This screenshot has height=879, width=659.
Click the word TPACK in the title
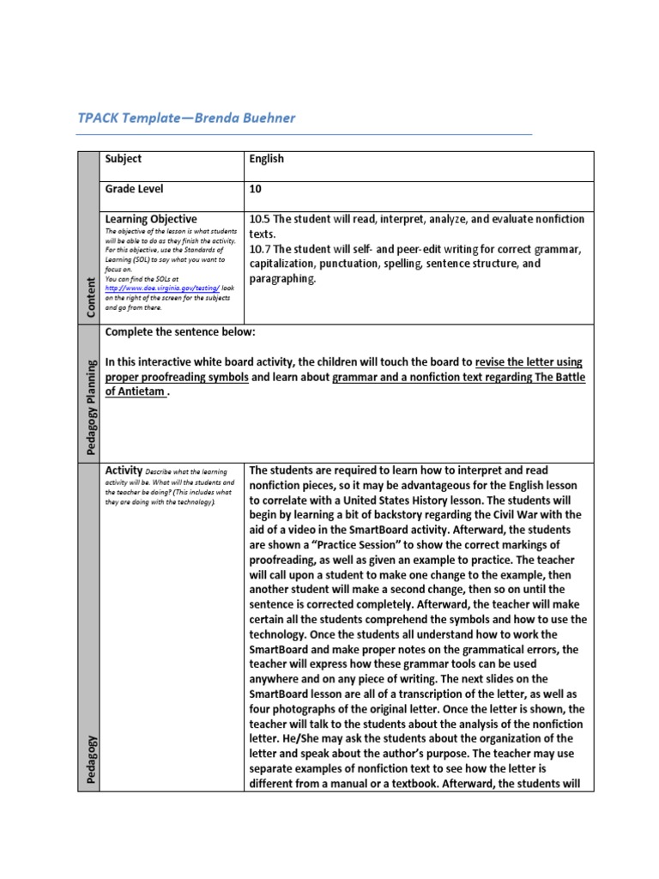coord(98,118)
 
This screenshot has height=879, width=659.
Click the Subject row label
coord(123,159)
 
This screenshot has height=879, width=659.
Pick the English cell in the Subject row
coord(267,159)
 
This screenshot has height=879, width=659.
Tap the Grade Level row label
coord(134,189)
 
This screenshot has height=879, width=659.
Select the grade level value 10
coord(256,189)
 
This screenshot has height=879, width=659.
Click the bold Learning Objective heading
coord(150,219)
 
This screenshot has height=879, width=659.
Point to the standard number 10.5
coord(261,219)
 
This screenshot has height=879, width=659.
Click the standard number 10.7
coord(261,249)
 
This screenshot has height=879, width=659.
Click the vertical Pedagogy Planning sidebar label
coord(89,394)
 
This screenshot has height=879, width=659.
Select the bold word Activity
coord(123,470)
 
